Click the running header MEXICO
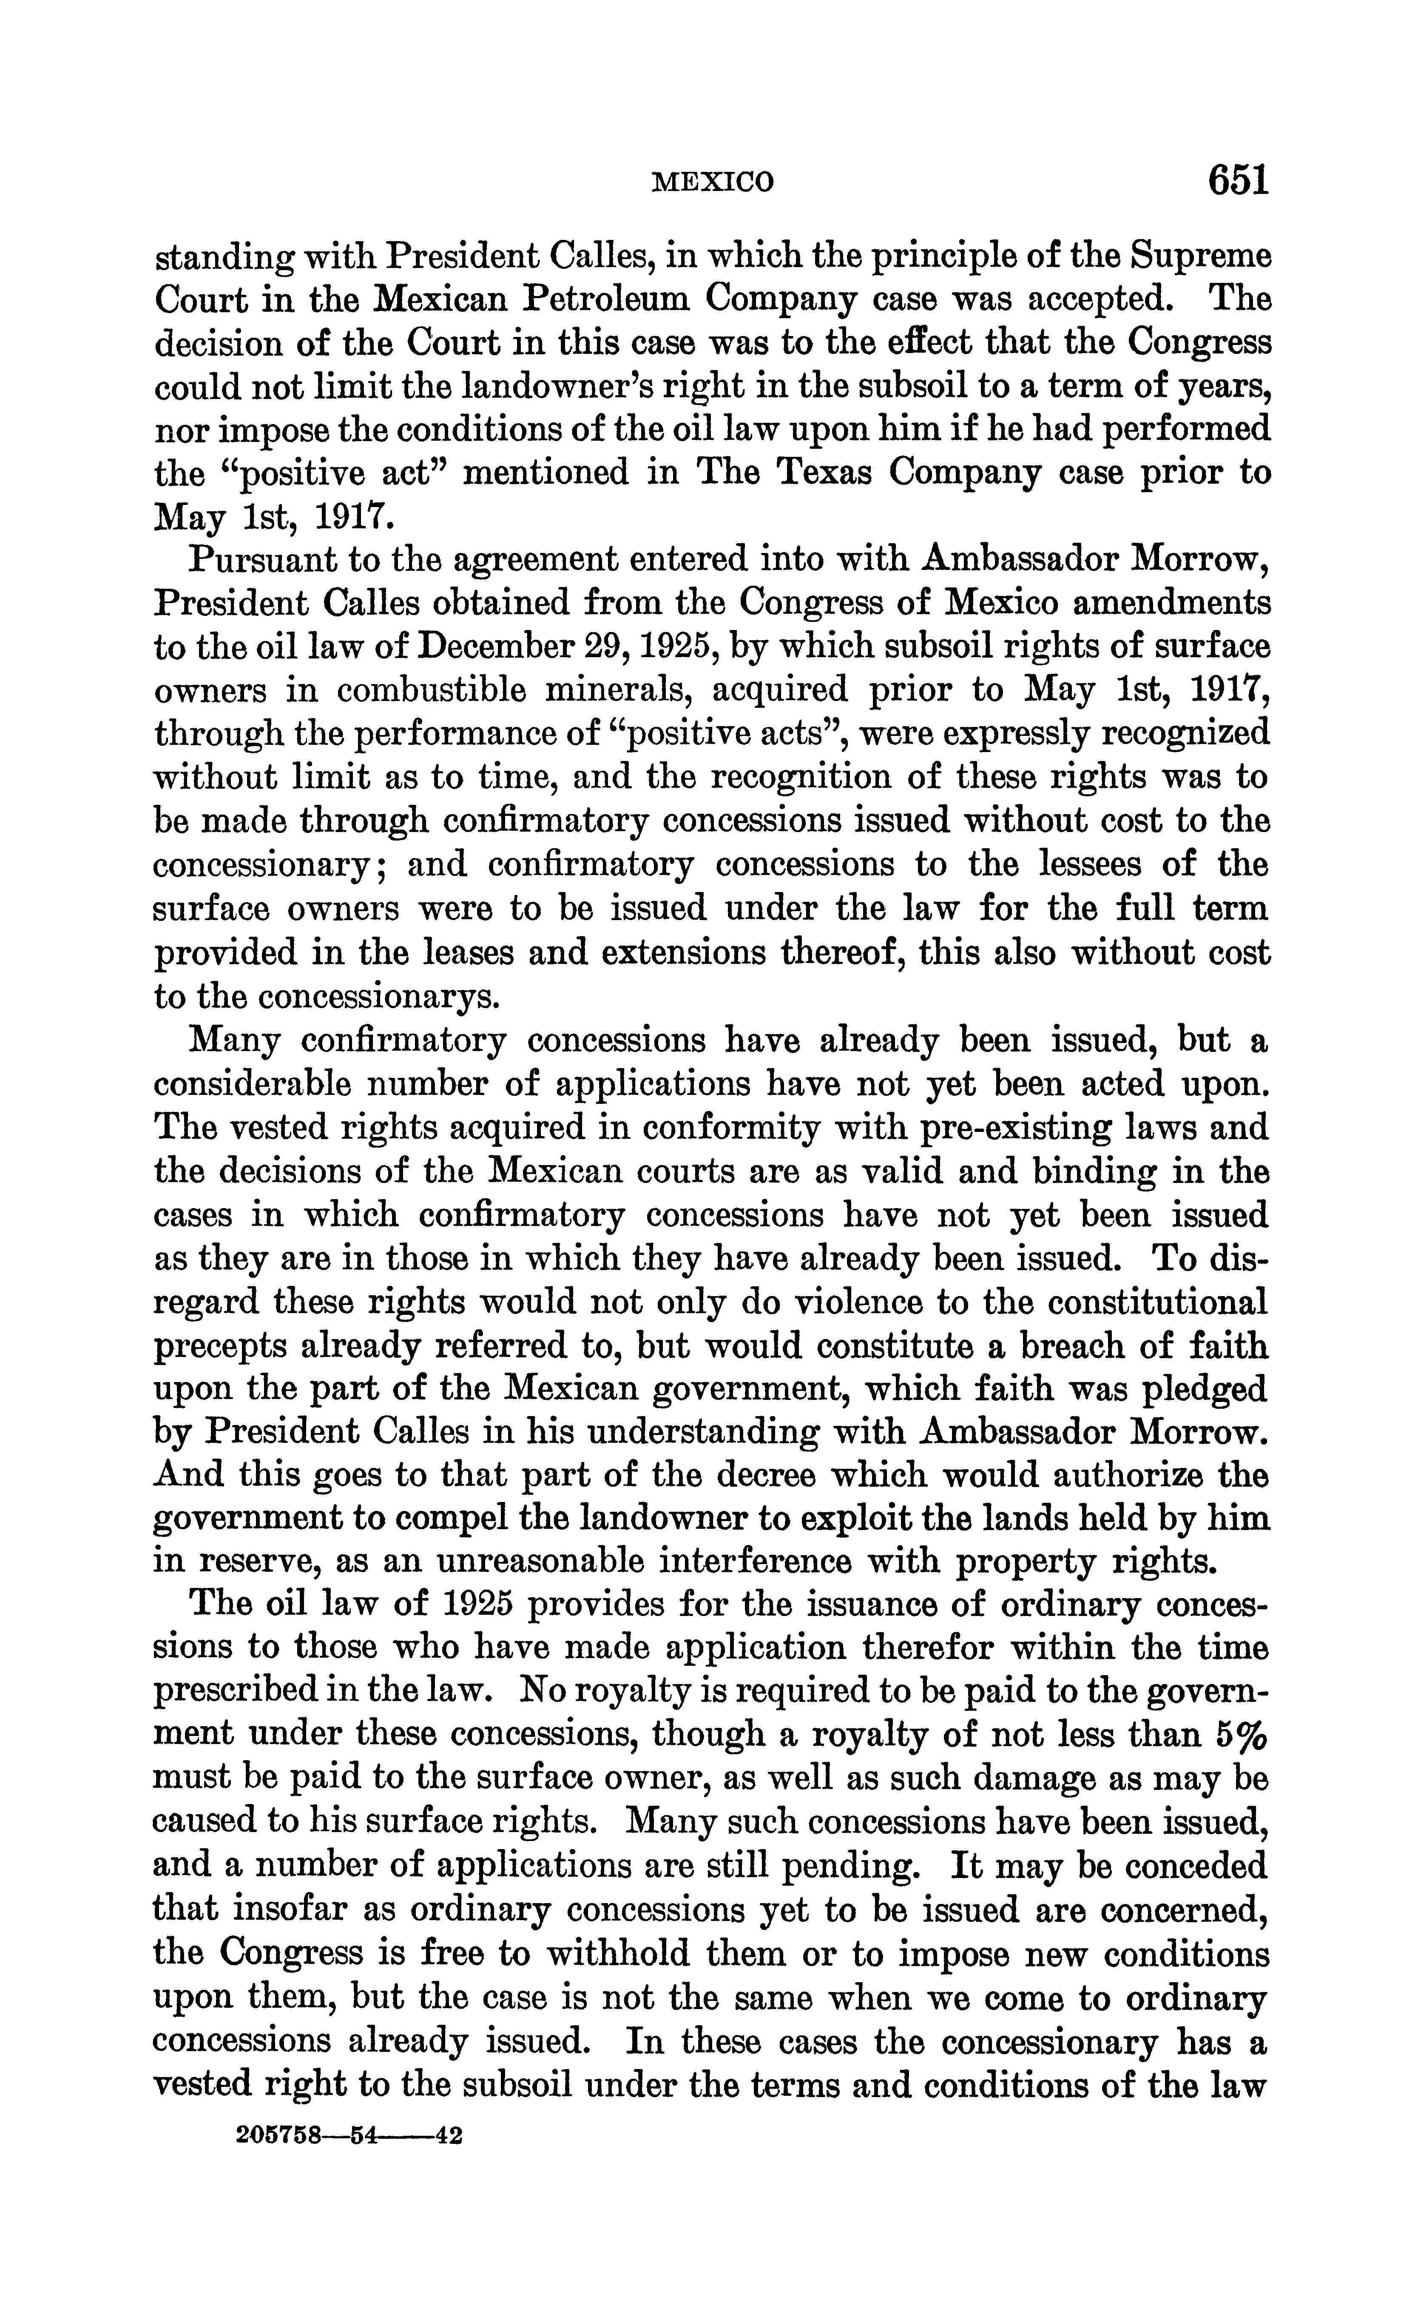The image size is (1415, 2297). tap(713, 182)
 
